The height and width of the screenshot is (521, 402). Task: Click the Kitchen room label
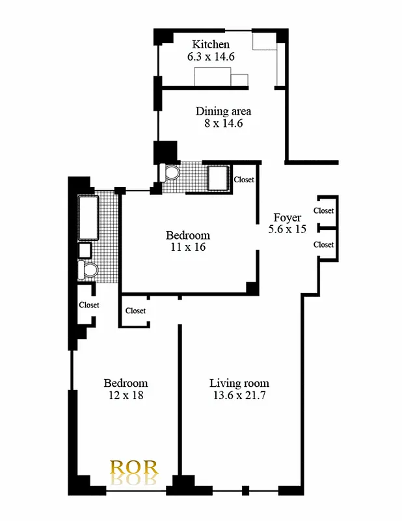pyautogui.click(x=210, y=44)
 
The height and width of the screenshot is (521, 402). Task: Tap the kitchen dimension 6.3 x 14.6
pyautogui.click(x=210, y=57)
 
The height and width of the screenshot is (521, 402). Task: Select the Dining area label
pyautogui.click(x=223, y=111)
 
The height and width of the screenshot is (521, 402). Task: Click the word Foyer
pyautogui.click(x=287, y=218)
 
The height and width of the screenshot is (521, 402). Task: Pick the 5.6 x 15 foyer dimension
pyautogui.click(x=287, y=229)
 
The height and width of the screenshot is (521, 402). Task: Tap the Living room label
pyautogui.click(x=239, y=383)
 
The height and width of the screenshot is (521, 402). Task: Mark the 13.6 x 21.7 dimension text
pyautogui.click(x=239, y=395)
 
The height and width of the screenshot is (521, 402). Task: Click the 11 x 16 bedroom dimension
pyautogui.click(x=188, y=247)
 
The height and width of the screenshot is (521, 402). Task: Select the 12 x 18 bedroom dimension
pyautogui.click(x=126, y=395)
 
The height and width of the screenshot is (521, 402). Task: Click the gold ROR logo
pyautogui.click(x=134, y=468)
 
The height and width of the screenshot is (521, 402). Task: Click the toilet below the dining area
pyautogui.click(x=172, y=173)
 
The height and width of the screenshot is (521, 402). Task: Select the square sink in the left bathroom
pyautogui.click(x=85, y=249)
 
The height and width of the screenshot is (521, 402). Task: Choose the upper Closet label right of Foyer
pyautogui.click(x=323, y=210)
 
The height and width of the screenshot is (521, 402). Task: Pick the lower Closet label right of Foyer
pyautogui.click(x=323, y=244)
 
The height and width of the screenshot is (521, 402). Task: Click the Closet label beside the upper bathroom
pyautogui.click(x=243, y=180)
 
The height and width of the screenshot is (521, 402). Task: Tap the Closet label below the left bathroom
pyautogui.click(x=89, y=305)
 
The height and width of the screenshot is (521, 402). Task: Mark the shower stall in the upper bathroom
pyautogui.click(x=217, y=177)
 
